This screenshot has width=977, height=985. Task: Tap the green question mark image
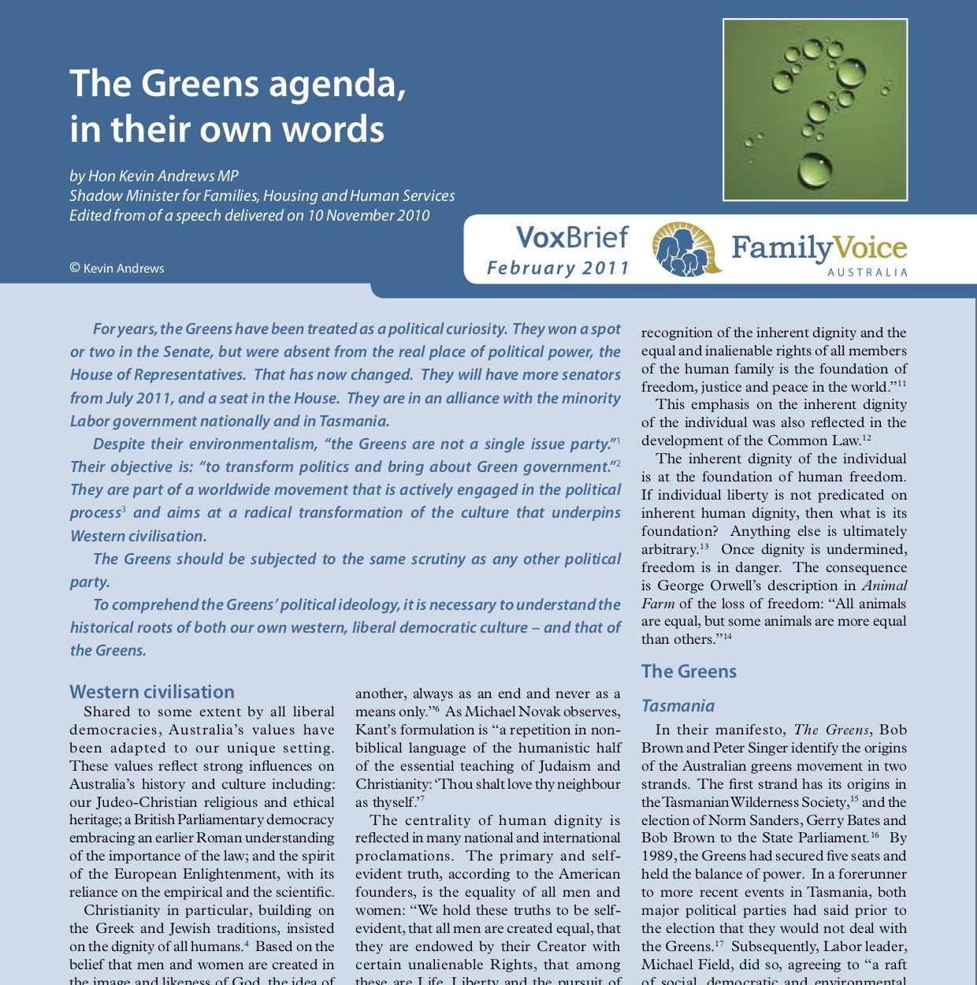[815, 110]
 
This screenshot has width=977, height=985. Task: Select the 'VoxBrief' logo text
[571, 237]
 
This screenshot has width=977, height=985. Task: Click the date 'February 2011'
[558, 268]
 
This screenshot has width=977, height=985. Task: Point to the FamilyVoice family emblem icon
[685, 249]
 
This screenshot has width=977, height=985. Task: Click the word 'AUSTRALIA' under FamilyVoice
[867, 273]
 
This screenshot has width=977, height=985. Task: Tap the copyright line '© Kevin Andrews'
[117, 268]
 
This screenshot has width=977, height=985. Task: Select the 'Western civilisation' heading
[152, 692]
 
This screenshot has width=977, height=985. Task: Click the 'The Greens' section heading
[689, 671]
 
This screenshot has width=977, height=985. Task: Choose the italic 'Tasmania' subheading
[678, 706]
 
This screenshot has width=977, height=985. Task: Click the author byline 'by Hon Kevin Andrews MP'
[154, 176]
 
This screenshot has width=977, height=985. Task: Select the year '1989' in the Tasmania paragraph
[658, 856]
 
